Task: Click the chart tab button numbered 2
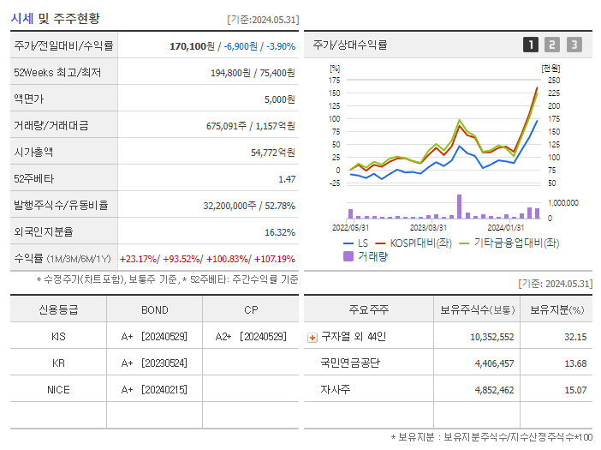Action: click(552, 45)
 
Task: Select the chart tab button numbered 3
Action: click(574, 45)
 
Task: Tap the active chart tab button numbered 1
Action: click(531, 45)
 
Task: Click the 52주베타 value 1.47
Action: click(287, 178)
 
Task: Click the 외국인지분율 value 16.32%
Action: click(279, 231)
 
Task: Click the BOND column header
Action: click(154, 309)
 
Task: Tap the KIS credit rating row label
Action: click(58, 337)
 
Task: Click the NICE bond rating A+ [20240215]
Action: click(154, 389)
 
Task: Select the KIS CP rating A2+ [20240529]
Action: click(250, 337)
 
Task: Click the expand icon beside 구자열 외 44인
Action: click(312, 337)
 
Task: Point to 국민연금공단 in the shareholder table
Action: click(350, 363)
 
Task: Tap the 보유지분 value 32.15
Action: click(575, 337)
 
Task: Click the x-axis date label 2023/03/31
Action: click(428, 227)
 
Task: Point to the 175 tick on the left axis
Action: click(334, 80)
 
